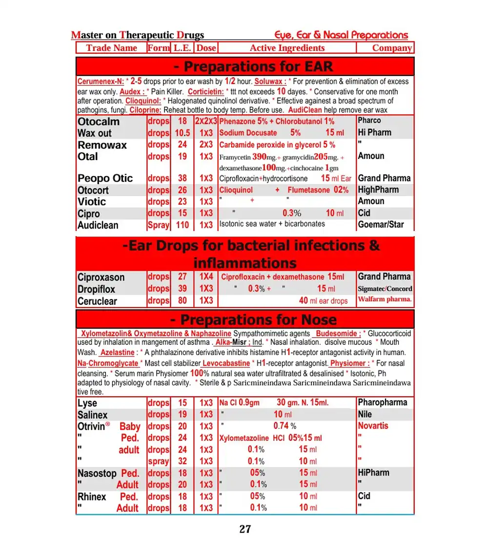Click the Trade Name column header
(x=111, y=48)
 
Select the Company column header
(x=392, y=48)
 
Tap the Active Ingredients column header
(x=287, y=48)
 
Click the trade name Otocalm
(x=98, y=121)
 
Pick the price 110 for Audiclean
(x=182, y=225)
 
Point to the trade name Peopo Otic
(x=105, y=179)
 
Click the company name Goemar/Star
(x=381, y=225)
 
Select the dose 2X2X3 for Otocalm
(x=206, y=121)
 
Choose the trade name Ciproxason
(x=101, y=277)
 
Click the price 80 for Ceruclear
(x=182, y=301)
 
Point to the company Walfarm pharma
(x=385, y=299)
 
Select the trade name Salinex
(x=92, y=415)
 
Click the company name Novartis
(x=373, y=426)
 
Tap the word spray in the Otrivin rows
(x=159, y=461)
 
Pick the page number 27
(x=245, y=529)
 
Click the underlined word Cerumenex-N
(x=101, y=81)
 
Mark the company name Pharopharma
(x=383, y=402)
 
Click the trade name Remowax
(x=102, y=145)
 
